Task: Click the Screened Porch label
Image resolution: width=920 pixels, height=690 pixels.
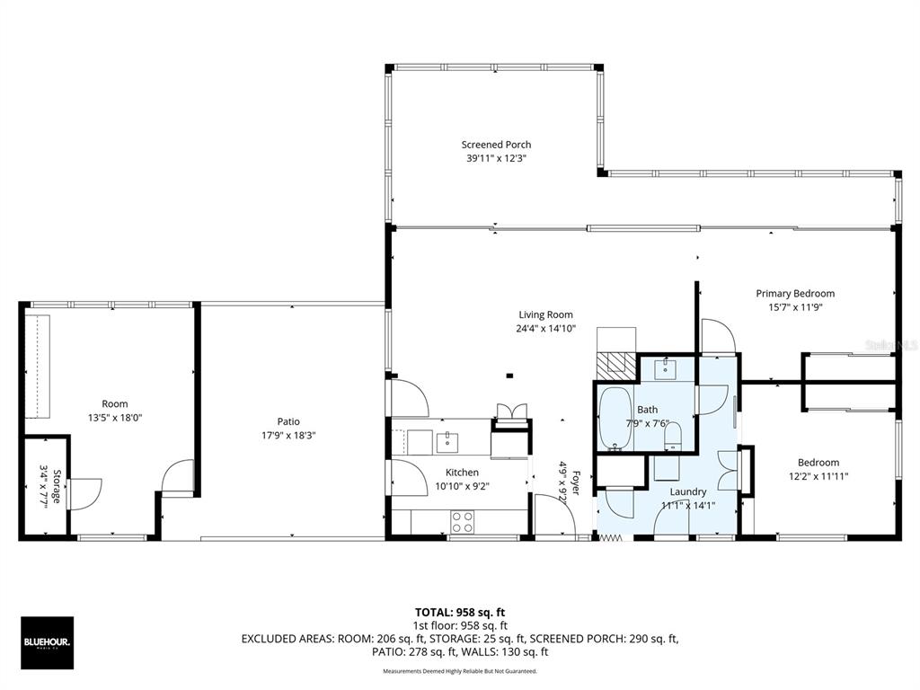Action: [496, 144]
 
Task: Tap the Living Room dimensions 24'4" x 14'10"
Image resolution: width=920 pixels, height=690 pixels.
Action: [545, 329]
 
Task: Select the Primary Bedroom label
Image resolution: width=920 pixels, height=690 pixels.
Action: [795, 293]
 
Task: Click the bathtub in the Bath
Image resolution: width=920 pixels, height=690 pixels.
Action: [615, 418]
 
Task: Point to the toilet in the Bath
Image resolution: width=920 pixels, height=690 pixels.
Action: [673, 438]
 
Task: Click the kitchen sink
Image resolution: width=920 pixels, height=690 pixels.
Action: [447, 441]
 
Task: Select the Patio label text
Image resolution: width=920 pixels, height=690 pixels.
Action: [288, 421]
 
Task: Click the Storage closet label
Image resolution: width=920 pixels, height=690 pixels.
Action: [56, 486]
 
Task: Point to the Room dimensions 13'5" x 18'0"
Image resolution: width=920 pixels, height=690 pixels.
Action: [114, 418]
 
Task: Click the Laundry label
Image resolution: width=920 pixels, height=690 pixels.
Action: [688, 491]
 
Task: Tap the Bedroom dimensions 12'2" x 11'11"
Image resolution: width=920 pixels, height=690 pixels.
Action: [818, 477]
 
